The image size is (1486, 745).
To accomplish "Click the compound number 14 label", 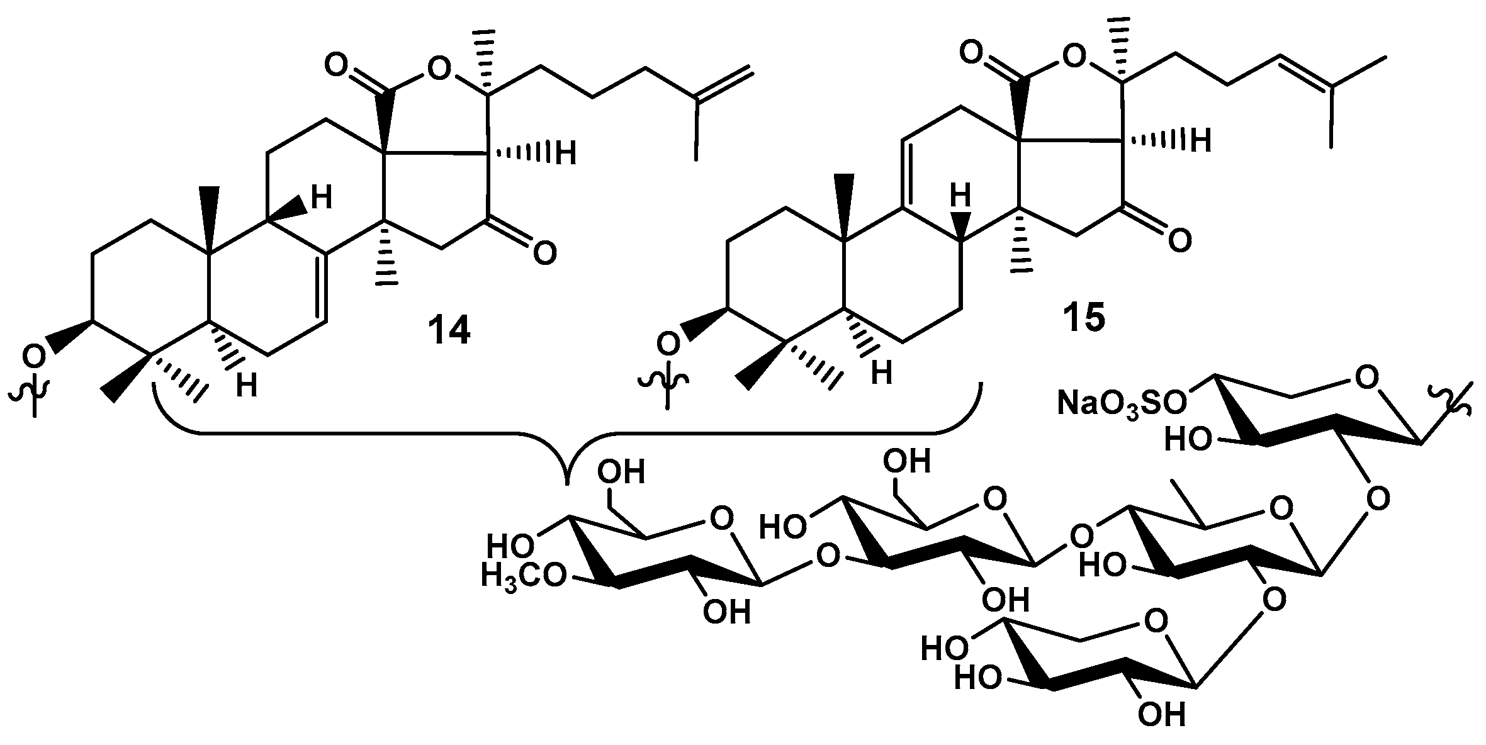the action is [449, 330].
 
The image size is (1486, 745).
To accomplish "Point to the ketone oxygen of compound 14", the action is [544, 252].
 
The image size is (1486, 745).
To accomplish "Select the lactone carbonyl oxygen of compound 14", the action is [337, 64].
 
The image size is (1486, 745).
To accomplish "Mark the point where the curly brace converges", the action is [568, 481].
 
